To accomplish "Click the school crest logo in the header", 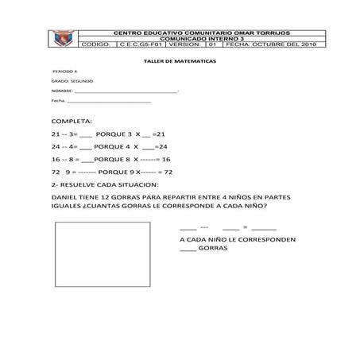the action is pos(60,37).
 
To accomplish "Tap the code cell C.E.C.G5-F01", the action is pos(141,45).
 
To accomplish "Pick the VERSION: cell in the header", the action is pos(185,45).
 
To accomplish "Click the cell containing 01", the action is pos(212,45).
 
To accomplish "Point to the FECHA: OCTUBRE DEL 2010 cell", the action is pos(270,45).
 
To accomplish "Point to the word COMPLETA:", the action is pos(72,120).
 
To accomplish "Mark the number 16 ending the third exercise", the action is pos(166,160).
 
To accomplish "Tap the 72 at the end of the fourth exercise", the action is pos(168,172).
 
